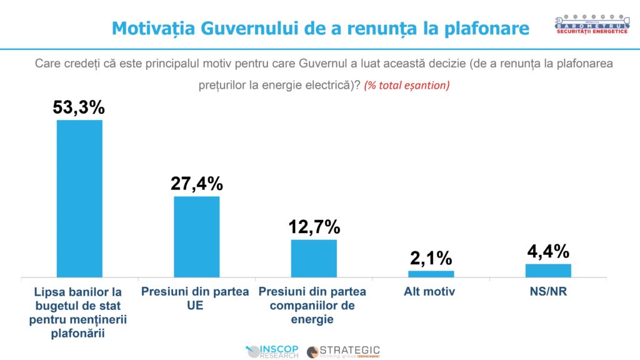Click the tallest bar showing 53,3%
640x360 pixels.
click(x=79, y=198)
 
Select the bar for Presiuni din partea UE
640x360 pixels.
click(x=196, y=236)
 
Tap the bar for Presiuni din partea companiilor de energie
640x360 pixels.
click(x=314, y=257)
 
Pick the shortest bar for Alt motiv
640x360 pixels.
click(x=431, y=273)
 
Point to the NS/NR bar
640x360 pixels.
click(x=548, y=270)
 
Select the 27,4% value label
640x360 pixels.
click(x=196, y=184)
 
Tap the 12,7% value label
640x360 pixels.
click(x=314, y=226)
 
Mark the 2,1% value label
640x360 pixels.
click(x=431, y=257)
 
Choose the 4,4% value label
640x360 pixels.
click(x=548, y=251)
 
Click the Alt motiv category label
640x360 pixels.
click(x=431, y=291)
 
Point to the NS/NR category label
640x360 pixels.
click(x=548, y=291)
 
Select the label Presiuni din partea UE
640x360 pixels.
click(x=195, y=299)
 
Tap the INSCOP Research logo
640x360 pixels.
click(x=273, y=351)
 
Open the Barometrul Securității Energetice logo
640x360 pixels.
click(x=591, y=24)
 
